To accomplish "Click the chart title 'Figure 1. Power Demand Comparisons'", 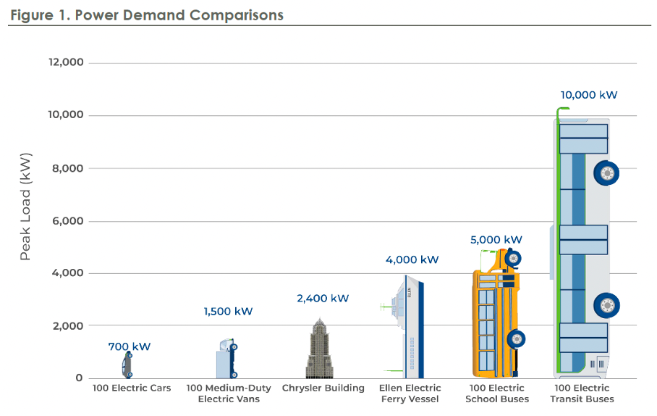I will pyautogui.click(x=147, y=14).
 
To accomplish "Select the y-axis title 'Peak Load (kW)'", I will pyautogui.click(x=26, y=207).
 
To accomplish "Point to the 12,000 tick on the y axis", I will pyautogui.click(x=65, y=62).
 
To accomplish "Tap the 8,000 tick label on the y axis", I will pyautogui.click(x=68, y=168).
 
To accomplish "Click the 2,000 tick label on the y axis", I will pyautogui.click(x=68, y=326).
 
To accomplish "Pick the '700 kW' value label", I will pyautogui.click(x=130, y=346).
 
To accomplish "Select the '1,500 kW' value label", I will pyautogui.click(x=228, y=312).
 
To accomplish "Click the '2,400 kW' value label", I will pyautogui.click(x=323, y=298).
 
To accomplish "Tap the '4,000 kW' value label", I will pyautogui.click(x=412, y=259).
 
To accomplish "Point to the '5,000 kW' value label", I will pyautogui.click(x=496, y=240).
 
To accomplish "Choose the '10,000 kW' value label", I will pyautogui.click(x=588, y=95).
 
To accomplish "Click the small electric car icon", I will pyautogui.click(x=127, y=365).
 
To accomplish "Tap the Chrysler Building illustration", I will pyautogui.click(x=319, y=350).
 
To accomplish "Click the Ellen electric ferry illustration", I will pyautogui.click(x=409, y=326).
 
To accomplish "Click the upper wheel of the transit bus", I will pyautogui.click(x=606, y=173).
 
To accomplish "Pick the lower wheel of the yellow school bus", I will pyautogui.click(x=517, y=338).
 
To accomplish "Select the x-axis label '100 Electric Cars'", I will pyautogui.click(x=132, y=388).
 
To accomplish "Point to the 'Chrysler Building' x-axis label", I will pyautogui.click(x=323, y=388).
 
